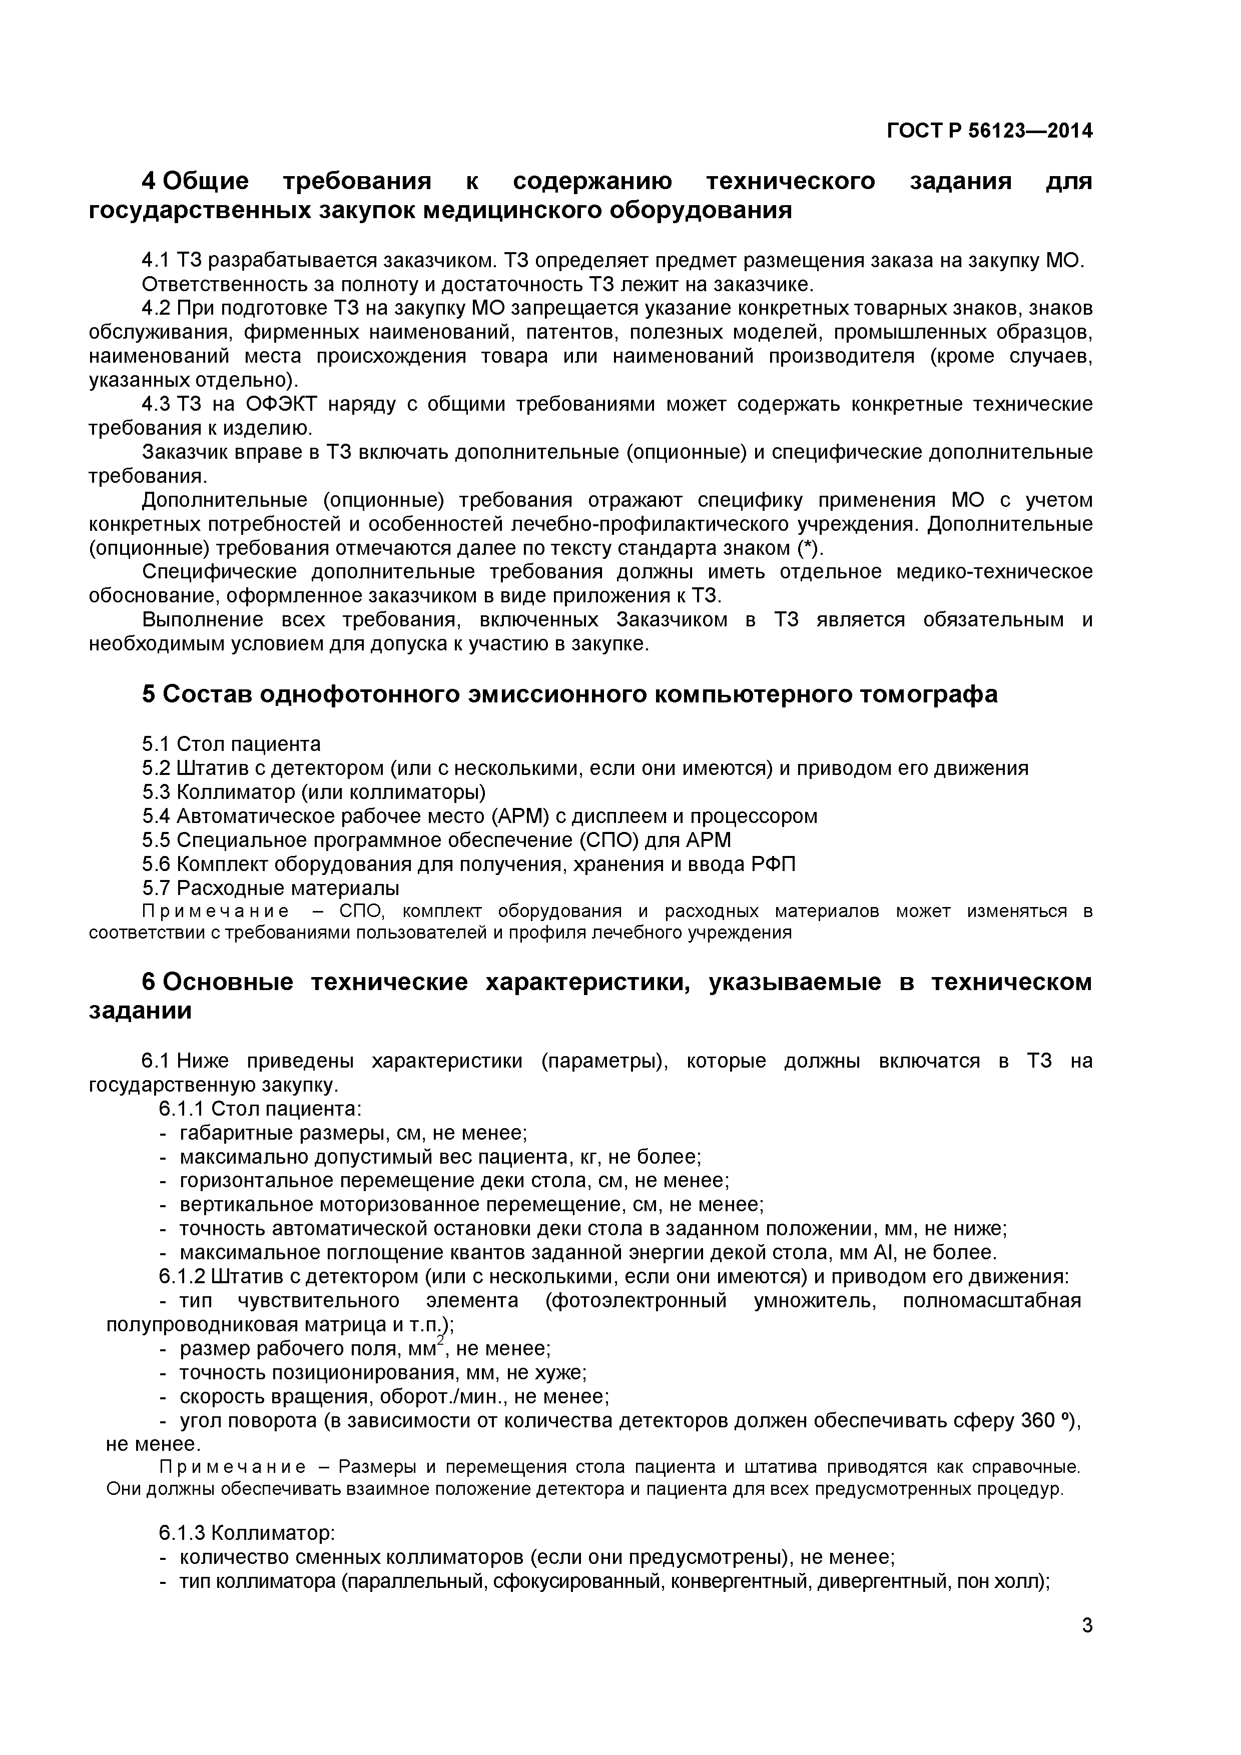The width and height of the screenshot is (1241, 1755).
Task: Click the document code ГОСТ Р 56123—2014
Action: (989, 131)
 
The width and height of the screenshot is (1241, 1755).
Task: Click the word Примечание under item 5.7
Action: (216, 911)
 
